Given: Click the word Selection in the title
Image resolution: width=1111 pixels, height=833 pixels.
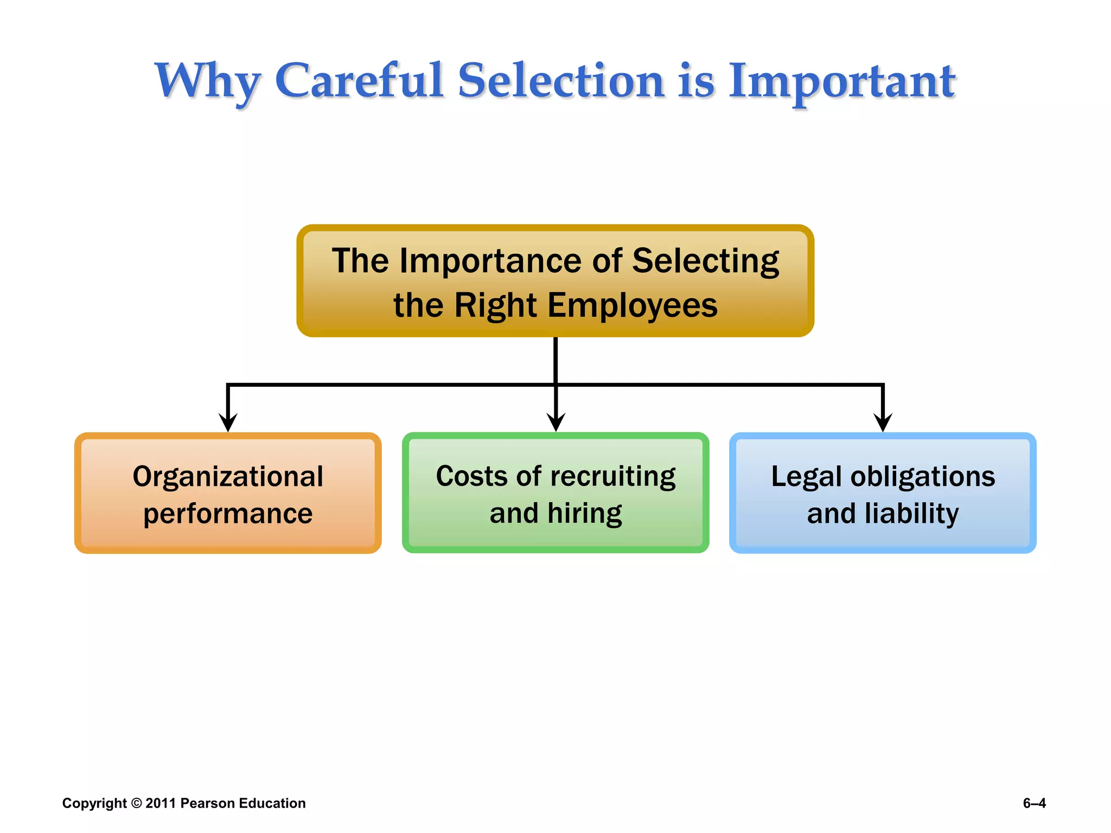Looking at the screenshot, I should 561,81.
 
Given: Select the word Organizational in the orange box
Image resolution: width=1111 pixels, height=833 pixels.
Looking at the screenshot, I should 228,477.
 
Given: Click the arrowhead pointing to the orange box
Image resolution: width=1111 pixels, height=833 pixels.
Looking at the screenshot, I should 228,422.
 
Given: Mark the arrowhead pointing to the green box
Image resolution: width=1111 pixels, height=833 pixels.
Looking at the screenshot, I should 555,422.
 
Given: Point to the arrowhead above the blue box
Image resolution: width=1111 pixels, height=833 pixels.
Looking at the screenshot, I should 883,422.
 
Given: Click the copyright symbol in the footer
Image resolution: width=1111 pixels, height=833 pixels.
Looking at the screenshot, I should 137,803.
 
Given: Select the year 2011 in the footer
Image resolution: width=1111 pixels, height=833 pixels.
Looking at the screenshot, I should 161,803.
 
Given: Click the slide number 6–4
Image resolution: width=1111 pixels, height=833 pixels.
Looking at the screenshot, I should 1034,803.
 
